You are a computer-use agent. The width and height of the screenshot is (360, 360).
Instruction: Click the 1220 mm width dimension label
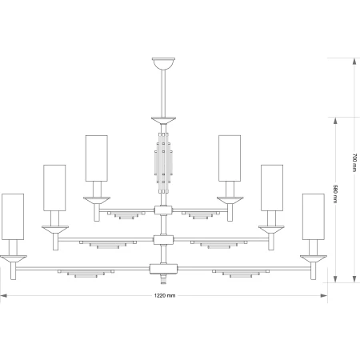(165, 295)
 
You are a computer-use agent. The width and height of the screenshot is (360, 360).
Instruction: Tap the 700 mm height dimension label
(354, 162)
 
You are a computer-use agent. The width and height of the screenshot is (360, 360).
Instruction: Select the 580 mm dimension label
(335, 194)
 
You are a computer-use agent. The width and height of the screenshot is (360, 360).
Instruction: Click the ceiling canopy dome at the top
(163, 63)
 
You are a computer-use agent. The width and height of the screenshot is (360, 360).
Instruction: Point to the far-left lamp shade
(13, 217)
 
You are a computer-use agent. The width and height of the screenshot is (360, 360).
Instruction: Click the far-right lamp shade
(314, 217)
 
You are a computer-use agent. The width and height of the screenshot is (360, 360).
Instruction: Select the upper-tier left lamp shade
(97, 158)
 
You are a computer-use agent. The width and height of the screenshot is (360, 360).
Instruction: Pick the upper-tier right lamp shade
(230, 158)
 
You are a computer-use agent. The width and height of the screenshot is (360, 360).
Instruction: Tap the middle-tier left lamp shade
(54, 188)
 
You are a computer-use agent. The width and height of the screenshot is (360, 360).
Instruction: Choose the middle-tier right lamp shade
(272, 188)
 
